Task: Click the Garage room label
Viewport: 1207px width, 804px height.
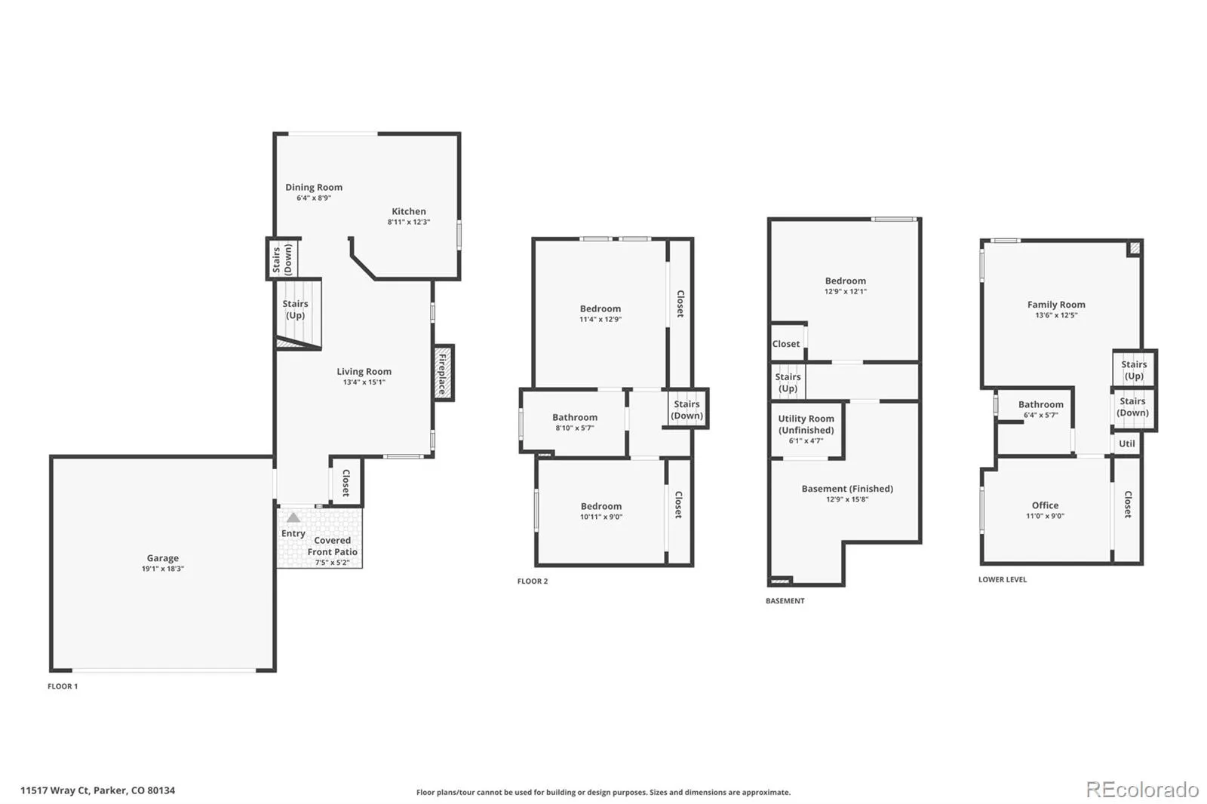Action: [163, 557]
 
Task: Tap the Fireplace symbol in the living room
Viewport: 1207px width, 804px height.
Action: [444, 373]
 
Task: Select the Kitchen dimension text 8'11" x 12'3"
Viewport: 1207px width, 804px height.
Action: [408, 222]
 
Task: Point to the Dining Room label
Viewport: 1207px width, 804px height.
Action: [314, 187]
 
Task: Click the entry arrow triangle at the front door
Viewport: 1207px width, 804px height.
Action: [293, 518]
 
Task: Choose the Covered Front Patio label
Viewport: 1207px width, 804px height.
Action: [333, 546]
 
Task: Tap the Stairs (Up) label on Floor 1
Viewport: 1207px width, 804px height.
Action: [295, 309]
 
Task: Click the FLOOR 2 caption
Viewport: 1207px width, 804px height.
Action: [533, 581]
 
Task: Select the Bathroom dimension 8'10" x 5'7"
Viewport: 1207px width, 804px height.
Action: [574, 428]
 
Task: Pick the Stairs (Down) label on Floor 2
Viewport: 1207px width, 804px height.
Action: [686, 410]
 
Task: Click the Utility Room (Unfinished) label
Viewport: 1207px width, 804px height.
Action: [806, 424]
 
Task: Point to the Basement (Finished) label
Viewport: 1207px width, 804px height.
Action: [847, 488]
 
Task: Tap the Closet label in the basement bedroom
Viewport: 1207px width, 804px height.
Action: [786, 344]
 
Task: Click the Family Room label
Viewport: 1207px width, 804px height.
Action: [1056, 305]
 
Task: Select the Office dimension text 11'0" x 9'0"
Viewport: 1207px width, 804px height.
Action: [1045, 516]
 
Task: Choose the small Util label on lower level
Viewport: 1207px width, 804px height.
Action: [1127, 443]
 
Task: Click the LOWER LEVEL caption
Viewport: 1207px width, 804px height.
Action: [1003, 579]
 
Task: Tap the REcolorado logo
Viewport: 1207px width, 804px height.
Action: [1142, 790]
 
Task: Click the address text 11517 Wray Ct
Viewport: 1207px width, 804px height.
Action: [54, 790]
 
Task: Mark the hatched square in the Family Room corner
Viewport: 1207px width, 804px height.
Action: [1135, 248]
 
